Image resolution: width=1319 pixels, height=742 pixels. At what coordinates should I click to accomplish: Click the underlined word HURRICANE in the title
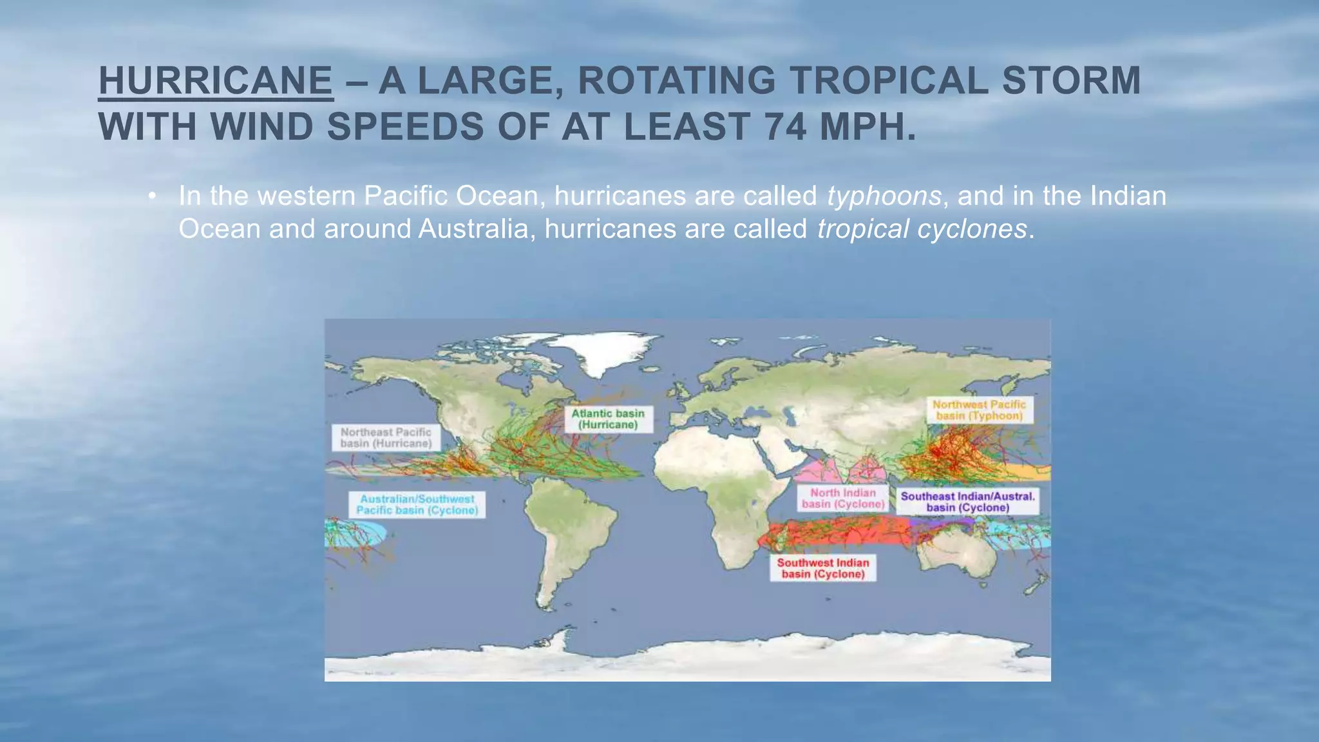point(216,81)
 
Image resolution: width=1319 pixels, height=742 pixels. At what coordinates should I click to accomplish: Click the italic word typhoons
point(884,196)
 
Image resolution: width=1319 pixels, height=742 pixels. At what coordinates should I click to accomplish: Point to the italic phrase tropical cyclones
point(922,229)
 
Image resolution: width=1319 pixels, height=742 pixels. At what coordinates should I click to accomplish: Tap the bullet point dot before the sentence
point(152,196)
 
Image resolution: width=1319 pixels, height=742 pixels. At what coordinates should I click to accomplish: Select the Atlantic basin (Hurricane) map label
point(608,419)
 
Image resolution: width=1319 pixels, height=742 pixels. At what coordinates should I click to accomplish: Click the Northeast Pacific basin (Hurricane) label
point(386,438)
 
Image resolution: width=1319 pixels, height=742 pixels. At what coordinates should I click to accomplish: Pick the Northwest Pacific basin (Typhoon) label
point(979,410)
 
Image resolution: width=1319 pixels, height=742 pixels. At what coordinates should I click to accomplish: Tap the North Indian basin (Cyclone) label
point(843,499)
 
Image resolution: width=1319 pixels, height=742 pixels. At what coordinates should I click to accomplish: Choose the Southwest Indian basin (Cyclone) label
point(823,568)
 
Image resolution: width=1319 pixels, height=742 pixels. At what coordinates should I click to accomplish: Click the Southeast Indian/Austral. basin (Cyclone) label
point(967,502)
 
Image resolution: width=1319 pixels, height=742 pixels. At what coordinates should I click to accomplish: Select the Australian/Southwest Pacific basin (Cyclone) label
point(417,504)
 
